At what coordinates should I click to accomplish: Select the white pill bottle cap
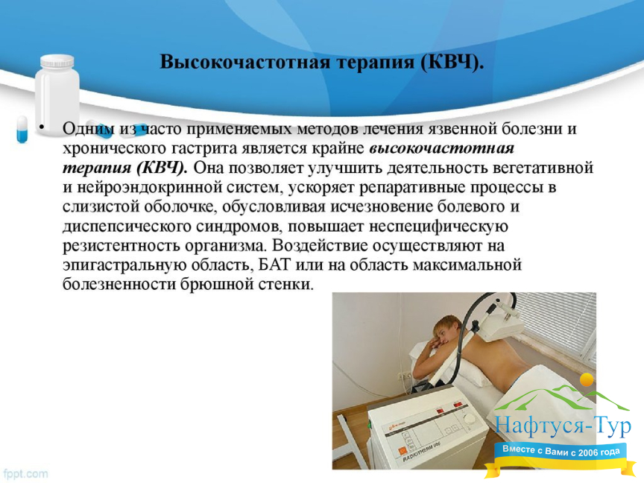[x=57, y=61]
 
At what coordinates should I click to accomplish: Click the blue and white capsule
[x=22, y=130]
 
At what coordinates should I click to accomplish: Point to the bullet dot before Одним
[x=41, y=127]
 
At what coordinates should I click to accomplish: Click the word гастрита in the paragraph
[x=206, y=148]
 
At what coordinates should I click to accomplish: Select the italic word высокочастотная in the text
[x=442, y=148]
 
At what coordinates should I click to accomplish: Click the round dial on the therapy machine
[x=469, y=418]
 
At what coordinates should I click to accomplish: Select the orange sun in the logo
[x=587, y=380]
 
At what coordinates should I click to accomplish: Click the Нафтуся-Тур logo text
[x=563, y=426]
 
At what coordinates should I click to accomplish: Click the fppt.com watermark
[x=25, y=473]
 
